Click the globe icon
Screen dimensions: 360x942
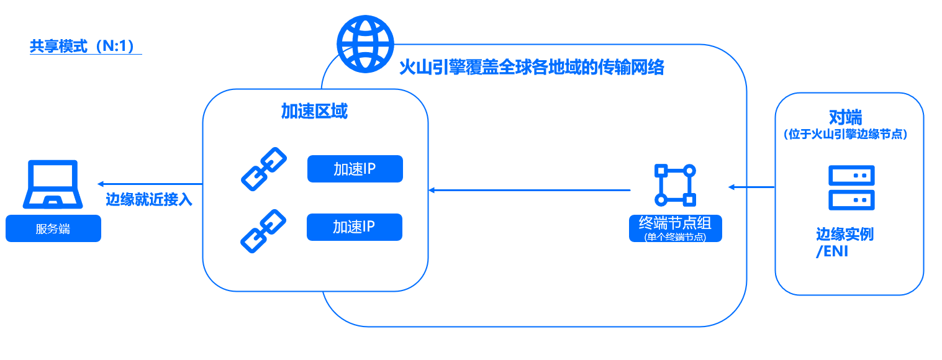(365, 43)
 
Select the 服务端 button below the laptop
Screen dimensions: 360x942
(53, 228)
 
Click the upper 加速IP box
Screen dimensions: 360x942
(355, 169)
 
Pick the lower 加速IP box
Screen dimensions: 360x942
(355, 227)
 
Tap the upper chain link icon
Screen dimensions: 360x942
(263, 168)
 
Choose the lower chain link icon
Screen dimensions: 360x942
(263, 230)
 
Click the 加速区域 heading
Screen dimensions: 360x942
(314, 112)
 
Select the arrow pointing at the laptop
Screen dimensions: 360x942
(149, 184)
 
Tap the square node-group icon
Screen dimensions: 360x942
(675, 185)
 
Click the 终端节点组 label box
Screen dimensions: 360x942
(675, 227)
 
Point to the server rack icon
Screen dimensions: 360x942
(851, 187)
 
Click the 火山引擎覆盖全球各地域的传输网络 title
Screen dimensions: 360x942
(531, 67)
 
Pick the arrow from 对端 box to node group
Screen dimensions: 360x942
(752, 187)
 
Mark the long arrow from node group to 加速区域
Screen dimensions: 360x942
(529, 190)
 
